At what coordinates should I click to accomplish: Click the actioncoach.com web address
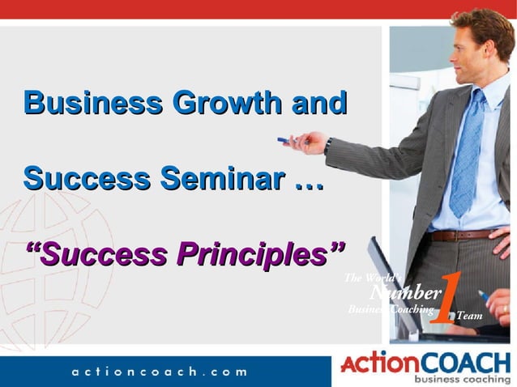[158, 371]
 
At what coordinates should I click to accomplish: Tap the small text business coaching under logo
[463, 378]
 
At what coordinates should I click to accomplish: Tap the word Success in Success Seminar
[86, 178]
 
